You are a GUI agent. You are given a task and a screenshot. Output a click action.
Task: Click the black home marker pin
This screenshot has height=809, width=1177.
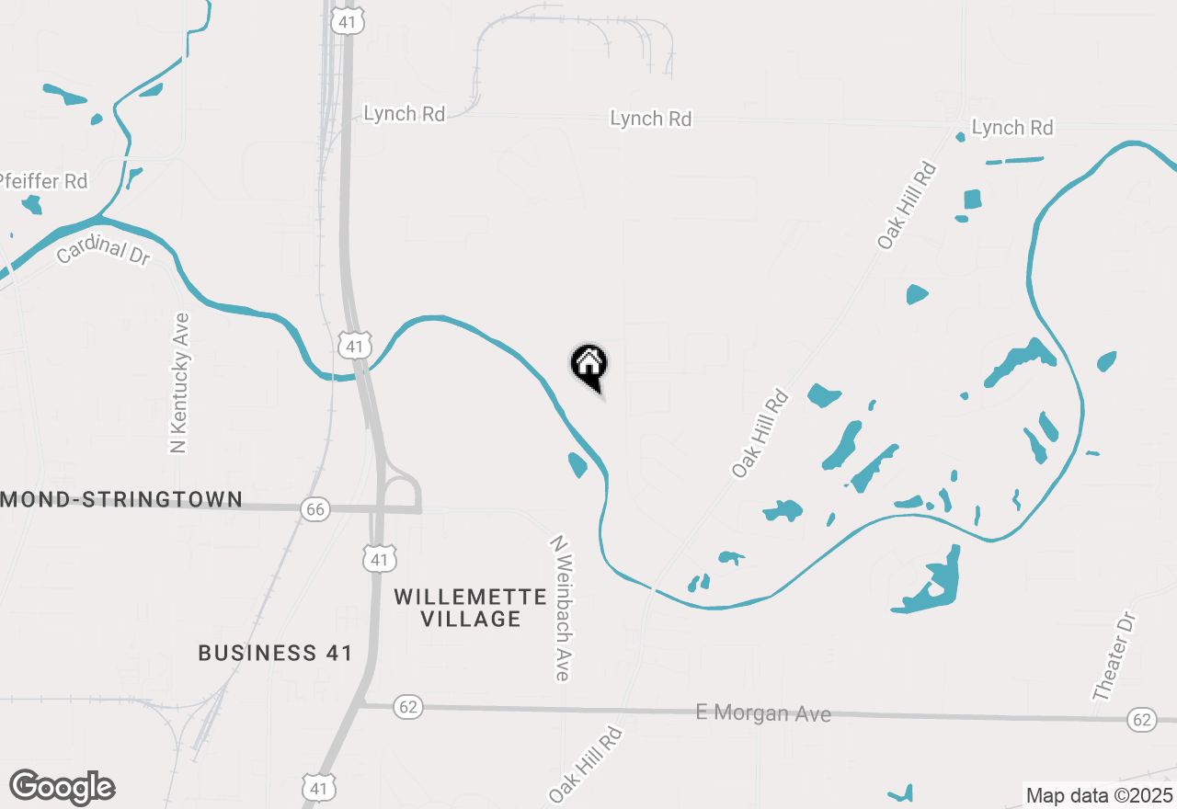588,365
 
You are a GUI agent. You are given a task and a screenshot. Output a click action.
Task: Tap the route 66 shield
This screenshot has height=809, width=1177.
315,508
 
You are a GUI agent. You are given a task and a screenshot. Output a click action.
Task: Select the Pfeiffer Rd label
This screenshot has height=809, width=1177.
44,181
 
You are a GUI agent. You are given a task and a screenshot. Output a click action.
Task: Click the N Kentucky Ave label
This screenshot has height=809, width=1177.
180,382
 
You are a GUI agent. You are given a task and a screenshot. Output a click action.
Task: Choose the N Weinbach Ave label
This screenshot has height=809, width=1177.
562,609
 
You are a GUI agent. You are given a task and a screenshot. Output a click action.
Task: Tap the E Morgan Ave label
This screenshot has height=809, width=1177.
763,712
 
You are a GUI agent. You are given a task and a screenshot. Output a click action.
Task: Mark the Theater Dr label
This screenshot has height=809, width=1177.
1115,657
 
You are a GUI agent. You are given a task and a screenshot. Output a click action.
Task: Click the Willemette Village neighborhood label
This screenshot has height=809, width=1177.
471,608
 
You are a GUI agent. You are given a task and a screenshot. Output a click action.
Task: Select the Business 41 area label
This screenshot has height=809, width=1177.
276,653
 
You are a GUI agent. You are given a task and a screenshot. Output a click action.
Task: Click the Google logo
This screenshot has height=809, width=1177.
62,787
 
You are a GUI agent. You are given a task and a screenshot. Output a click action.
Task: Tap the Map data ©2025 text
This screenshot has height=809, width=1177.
1100,794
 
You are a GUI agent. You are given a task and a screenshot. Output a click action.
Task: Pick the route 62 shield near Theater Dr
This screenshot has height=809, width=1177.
1142,720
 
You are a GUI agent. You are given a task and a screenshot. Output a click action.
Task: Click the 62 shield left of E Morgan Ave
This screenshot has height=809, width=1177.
408,706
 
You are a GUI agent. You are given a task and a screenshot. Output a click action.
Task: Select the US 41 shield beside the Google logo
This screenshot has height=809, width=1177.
318,788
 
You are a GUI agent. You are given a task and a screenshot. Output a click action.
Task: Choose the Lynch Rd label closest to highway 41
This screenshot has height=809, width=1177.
405,114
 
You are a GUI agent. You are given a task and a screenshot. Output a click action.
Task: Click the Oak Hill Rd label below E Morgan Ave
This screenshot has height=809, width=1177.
587,765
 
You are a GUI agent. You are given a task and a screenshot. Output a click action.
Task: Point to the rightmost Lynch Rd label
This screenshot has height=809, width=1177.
1012,128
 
